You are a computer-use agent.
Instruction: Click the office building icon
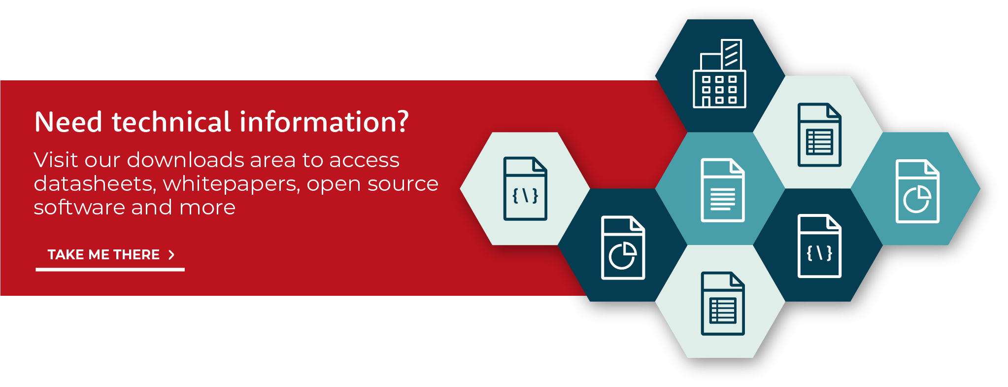coord(719,73)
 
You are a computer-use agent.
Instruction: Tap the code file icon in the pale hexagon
coord(525,188)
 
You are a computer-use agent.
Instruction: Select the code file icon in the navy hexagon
coord(819,246)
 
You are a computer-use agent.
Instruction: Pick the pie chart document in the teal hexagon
coord(917,191)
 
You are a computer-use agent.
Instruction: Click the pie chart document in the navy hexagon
coord(623,247)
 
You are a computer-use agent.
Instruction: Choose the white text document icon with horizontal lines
coord(723,190)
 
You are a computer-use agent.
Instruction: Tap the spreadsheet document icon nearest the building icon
coord(819,135)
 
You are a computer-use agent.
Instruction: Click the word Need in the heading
coord(68,122)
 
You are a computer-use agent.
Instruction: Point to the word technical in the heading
coord(171,122)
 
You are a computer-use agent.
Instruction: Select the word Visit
coord(56,160)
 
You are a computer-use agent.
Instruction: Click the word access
coord(364,160)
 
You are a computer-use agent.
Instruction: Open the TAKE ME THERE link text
coord(103,254)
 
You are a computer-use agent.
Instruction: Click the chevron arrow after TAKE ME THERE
coord(171,254)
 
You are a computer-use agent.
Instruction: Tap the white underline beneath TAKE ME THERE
coord(110,270)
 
